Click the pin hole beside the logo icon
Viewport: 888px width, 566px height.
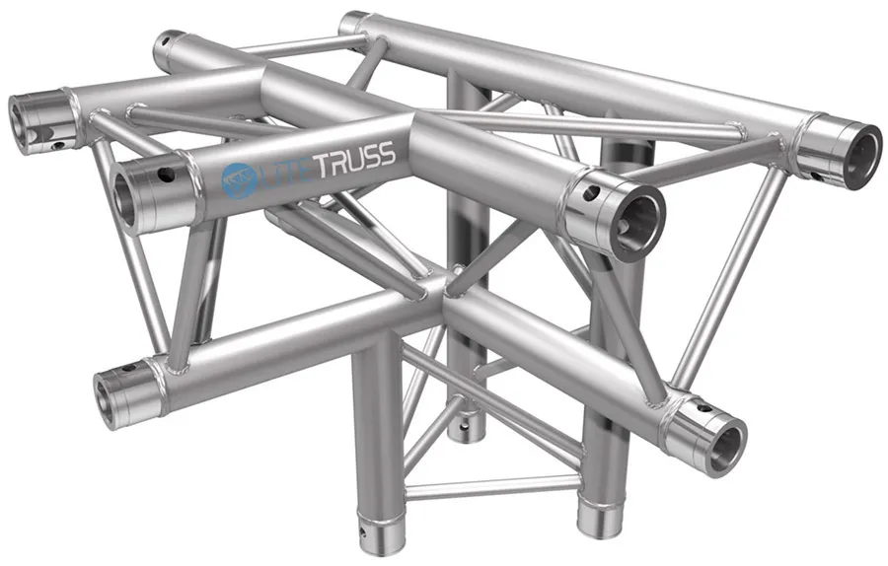click(x=164, y=178)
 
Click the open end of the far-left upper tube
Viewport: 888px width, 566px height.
click(x=22, y=118)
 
